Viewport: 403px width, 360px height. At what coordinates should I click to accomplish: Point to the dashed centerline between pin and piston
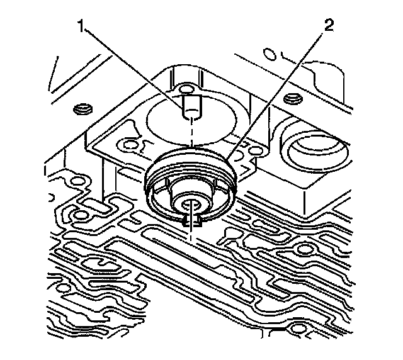click(x=189, y=135)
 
